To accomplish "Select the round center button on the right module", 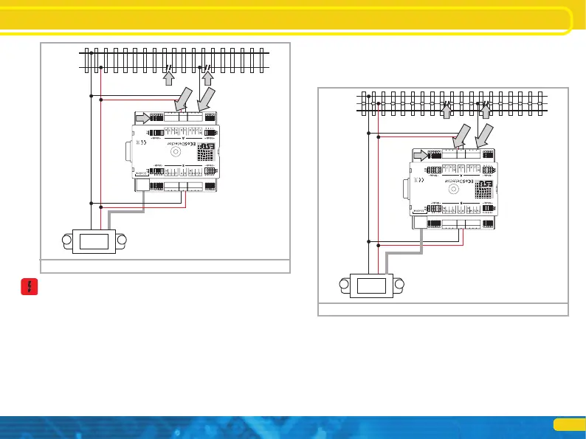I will click(452, 190).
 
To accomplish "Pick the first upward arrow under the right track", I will click(446, 110).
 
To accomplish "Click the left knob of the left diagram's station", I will click(66, 239).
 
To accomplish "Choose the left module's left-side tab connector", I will click(129, 152).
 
